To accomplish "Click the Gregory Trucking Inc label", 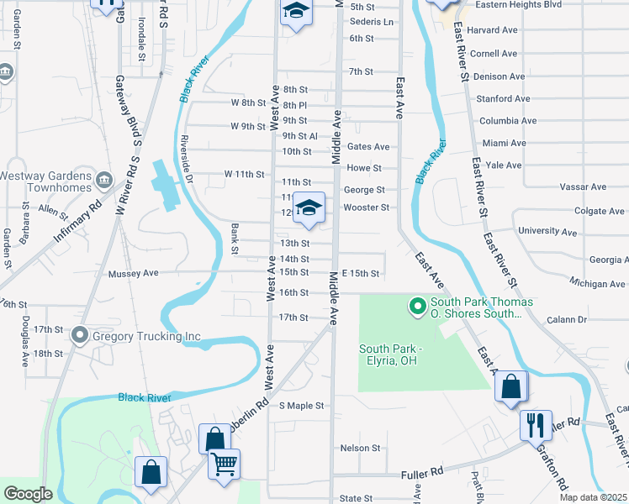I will click(146, 337).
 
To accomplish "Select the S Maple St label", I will click(301, 406).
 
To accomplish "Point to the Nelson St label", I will click(360, 449).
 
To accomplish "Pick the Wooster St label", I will click(366, 207).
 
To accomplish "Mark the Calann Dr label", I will click(565, 319).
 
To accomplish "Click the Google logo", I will click(28, 494).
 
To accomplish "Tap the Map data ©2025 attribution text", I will click(592, 497).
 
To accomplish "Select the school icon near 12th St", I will click(309, 208).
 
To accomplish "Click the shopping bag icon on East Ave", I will click(510, 387).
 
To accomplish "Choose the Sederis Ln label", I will click(371, 22).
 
